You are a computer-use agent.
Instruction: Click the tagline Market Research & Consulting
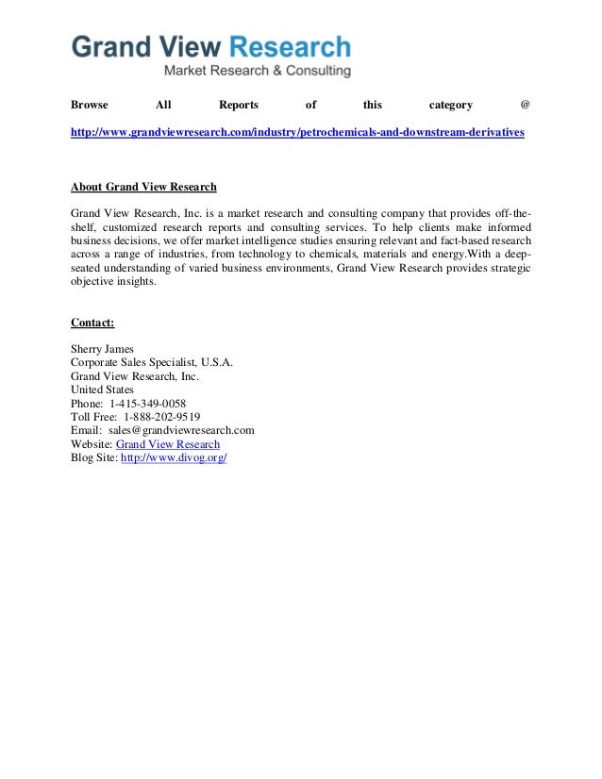tap(258, 71)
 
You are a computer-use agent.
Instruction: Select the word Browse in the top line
tap(90, 105)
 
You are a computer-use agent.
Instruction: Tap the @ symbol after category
tap(526, 105)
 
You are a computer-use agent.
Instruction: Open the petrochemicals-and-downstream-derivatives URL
tap(297, 133)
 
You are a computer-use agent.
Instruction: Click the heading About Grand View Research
tap(143, 186)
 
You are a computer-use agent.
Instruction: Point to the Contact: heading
tap(92, 323)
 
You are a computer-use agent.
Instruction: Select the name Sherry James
tap(103, 349)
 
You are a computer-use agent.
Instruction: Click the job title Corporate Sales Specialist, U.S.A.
tap(152, 362)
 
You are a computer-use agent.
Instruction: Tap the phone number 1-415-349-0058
tap(147, 403)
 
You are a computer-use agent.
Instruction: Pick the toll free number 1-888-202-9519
tap(160, 416)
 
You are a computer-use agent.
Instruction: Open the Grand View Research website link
tap(168, 443)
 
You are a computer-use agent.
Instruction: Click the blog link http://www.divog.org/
tap(175, 457)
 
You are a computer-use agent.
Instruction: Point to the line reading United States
tap(102, 389)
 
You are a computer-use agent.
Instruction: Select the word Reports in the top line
tap(238, 105)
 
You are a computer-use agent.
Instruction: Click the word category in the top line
tap(451, 105)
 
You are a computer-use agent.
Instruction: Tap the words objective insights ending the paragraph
tap(114, 281)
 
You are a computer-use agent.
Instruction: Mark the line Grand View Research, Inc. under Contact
tap(135, 375)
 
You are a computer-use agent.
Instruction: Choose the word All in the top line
tap(163, 105)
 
